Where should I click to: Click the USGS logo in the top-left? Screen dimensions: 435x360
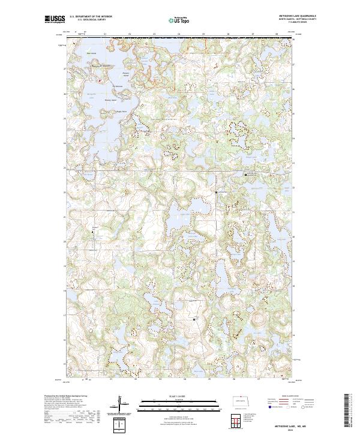pos(53,19)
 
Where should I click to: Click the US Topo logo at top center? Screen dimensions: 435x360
pos(180,19)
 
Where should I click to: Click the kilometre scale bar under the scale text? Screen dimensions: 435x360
pos(180,401)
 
